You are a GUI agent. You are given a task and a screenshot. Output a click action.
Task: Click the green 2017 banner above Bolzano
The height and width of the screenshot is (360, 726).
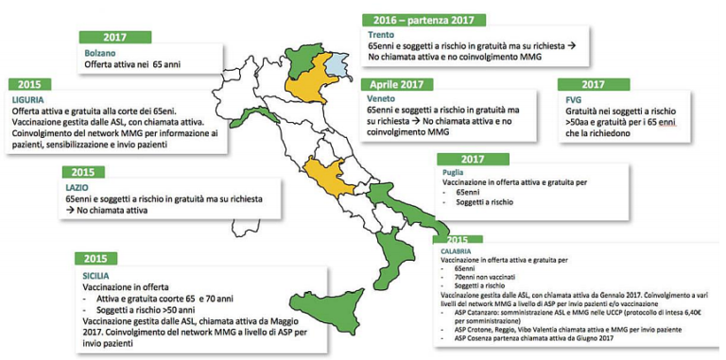[x=113, y=37]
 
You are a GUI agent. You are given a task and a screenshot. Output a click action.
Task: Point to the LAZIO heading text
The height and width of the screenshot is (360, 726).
[x=79, y=188]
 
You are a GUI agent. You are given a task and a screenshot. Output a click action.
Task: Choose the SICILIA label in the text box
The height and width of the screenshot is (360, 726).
[x=98, y=276]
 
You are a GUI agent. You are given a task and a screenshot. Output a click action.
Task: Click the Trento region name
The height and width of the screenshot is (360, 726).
[x=381, y=35]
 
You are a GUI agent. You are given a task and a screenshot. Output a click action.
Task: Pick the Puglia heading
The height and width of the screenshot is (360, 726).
[x=452, y=173]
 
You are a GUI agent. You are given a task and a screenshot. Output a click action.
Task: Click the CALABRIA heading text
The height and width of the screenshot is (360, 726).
[x=453, y=249]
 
